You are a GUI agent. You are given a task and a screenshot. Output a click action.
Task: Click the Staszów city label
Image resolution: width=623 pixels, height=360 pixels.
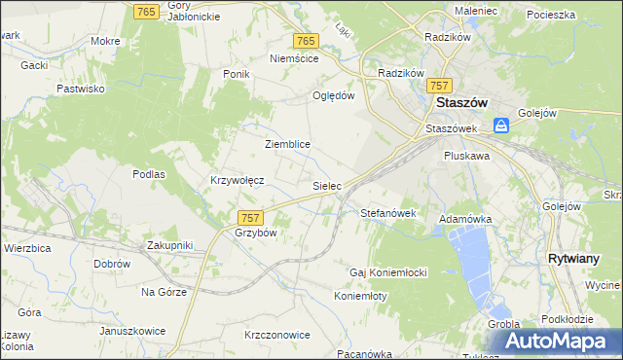click(461, 103)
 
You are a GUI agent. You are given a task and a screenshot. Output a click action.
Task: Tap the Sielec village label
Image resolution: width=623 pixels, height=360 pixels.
click(325, 184)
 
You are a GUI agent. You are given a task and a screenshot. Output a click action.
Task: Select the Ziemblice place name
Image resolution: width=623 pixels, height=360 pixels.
click(287, 144)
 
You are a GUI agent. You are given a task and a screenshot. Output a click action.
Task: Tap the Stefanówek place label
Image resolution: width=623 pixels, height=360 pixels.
click(388, 212)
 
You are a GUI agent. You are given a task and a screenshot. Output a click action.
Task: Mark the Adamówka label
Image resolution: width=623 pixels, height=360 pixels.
click(465, 220)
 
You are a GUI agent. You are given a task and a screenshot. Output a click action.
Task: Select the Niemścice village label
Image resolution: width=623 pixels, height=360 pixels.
click(294, 58)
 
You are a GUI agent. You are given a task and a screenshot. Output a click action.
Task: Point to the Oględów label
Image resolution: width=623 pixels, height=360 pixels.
click(333, 95)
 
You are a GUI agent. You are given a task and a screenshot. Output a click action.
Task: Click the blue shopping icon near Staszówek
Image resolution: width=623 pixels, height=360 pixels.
click(501, 126)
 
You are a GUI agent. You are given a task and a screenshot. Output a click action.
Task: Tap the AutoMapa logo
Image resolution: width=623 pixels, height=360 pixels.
click(559, 341)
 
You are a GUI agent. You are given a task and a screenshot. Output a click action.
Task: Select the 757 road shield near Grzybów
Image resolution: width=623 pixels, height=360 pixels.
click(249, 217)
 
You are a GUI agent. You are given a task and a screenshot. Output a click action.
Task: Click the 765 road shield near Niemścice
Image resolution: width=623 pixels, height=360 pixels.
click(306, 40)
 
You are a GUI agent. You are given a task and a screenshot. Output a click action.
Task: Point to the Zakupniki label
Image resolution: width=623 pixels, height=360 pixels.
click(170, 245)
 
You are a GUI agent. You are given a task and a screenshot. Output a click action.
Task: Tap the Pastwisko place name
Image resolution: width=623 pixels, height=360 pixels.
click(81, 89)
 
